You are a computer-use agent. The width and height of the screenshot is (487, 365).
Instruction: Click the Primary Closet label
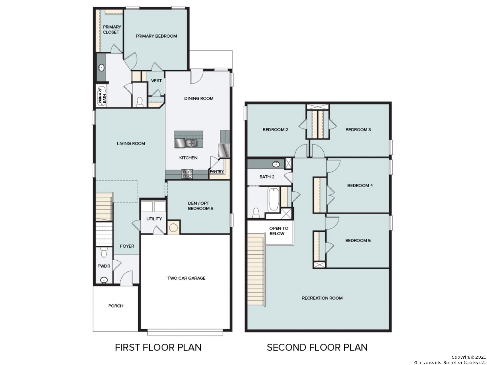(x=112, y=29)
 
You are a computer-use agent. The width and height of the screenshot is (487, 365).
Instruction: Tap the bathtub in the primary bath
(x=101, y=96)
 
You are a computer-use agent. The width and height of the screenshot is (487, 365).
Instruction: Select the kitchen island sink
(x=191, y=143)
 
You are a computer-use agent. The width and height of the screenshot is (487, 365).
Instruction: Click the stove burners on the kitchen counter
(x=187, y=173)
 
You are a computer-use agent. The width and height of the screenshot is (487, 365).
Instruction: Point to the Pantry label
(x=216, y=171)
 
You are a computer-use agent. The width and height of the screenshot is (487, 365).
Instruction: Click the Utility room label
(x=154, y=219)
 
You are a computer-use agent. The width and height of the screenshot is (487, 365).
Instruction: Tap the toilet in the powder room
(x=104, y=252)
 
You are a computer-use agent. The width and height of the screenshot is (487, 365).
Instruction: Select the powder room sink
(x=104, y=280)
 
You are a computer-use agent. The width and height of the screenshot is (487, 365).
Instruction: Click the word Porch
(x=116, y=306)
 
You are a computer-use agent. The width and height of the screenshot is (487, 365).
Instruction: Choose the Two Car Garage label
(x=186, y=278)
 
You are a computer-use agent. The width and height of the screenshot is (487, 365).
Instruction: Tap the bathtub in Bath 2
(x=274, y=199)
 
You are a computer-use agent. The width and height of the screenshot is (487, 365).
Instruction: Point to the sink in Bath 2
(x=276, y=164)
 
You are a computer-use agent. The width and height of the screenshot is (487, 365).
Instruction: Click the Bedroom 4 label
(x=360, y=186)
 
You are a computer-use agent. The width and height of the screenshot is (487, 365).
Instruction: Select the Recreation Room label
(x=322, y=298)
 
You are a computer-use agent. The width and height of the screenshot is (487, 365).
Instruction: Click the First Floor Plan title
(x=158, y=347)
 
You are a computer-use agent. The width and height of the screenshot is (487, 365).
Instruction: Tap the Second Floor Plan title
(x=317, y=347)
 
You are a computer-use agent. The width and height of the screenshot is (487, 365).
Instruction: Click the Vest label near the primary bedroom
(x=156, y=81)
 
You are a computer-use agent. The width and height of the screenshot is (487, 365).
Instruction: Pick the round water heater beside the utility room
(x=173, y=227)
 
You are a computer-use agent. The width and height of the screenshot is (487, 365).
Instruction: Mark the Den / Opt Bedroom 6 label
(x=200, y=206)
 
